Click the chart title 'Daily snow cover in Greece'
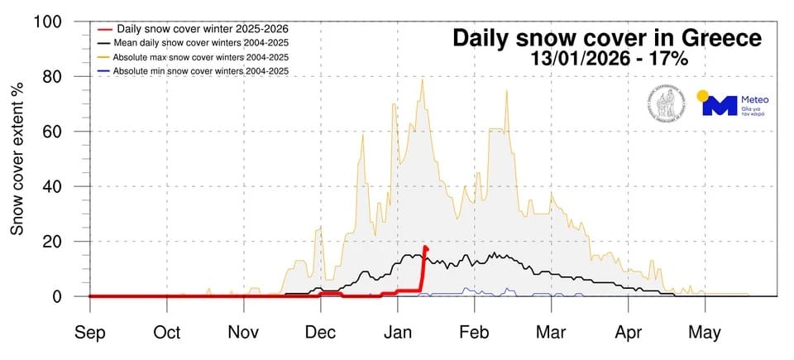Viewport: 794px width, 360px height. click(x=606, y=38)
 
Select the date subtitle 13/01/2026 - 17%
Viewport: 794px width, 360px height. click(x=606, y=60)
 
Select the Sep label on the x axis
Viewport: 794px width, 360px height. click(x=90, y=333)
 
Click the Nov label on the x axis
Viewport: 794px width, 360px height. click(x=243, y=333)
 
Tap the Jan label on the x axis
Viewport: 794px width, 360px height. click(x=398, y=333)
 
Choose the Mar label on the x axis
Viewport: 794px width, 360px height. click(x=551, y=333)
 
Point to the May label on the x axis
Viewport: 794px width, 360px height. click(x=705, y=333)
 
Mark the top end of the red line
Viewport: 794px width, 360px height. click(x=426, y=247)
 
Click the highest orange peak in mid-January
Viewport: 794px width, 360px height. click(x=423, y=79)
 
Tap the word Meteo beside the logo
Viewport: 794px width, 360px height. click(x=756, y=100)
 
